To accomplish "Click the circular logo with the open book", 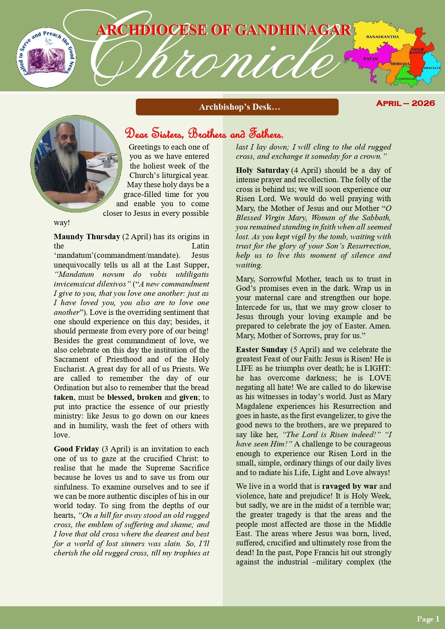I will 47,57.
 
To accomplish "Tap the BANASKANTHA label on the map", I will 382,37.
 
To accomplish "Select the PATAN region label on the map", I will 370,58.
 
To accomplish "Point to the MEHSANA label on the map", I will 400,64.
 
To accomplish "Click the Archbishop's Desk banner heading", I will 237,107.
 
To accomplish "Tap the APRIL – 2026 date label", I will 405,103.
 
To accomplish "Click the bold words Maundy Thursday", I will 87,237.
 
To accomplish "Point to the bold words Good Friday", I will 76,449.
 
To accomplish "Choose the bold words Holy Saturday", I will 262,170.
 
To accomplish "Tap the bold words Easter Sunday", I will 262,350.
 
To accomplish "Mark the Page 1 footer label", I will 428,619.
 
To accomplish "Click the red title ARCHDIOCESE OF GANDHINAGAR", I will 223,30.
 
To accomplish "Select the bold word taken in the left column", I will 63,397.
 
